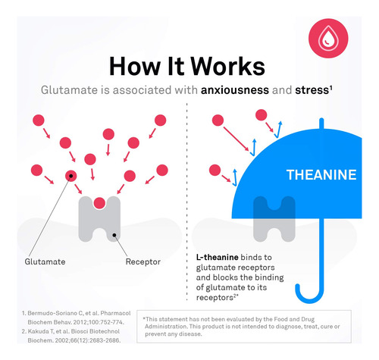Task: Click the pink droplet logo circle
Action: click(x=328, y=39)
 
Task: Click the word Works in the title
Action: click(x=227, y=66)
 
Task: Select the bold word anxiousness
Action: click(x=235, y=90)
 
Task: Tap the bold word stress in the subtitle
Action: click(x=312, y=90)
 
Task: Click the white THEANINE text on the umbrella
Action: click(x=321, y=175)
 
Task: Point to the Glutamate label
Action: click(x=45, y=261)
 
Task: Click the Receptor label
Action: click(x=143, y=261)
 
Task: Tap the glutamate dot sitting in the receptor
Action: click(x=99, y=203)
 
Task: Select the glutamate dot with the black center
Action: click(x=71, y=176)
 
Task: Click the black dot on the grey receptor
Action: click(x=114, y=235)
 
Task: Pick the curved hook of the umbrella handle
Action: click(x=310, y=294)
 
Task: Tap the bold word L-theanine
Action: click(x=218, y=257)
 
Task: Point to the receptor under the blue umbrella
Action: click(x=274, y=219)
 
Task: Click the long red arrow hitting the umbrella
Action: click(x=236, y=139)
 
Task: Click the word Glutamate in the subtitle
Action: click(x=69, y=90)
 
